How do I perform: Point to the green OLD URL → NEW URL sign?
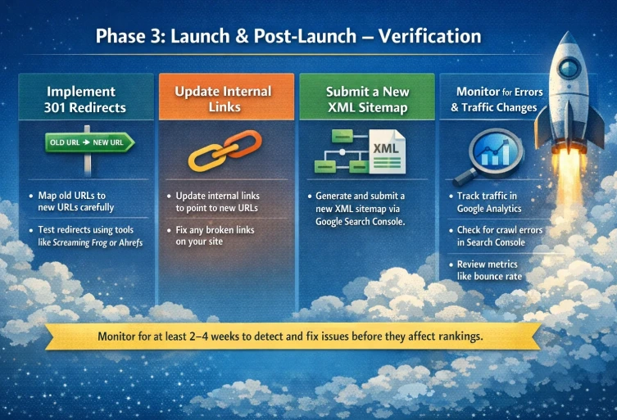pyautogui.click(x=88, y=143)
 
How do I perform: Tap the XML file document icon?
pyautogui.click(x=385, y=150)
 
